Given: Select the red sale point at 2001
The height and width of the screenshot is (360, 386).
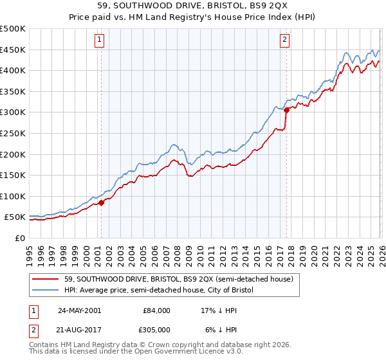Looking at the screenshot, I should click(x=101, y=203).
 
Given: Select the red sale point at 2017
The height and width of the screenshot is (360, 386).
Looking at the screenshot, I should click(x=286, y=110).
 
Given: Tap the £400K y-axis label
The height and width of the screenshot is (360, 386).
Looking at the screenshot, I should click(x=13, y=70).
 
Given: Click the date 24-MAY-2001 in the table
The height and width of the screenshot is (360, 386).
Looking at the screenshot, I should click(x=80, y=310).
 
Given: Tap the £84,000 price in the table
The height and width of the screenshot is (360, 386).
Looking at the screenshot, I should click(x=154, y=310).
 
